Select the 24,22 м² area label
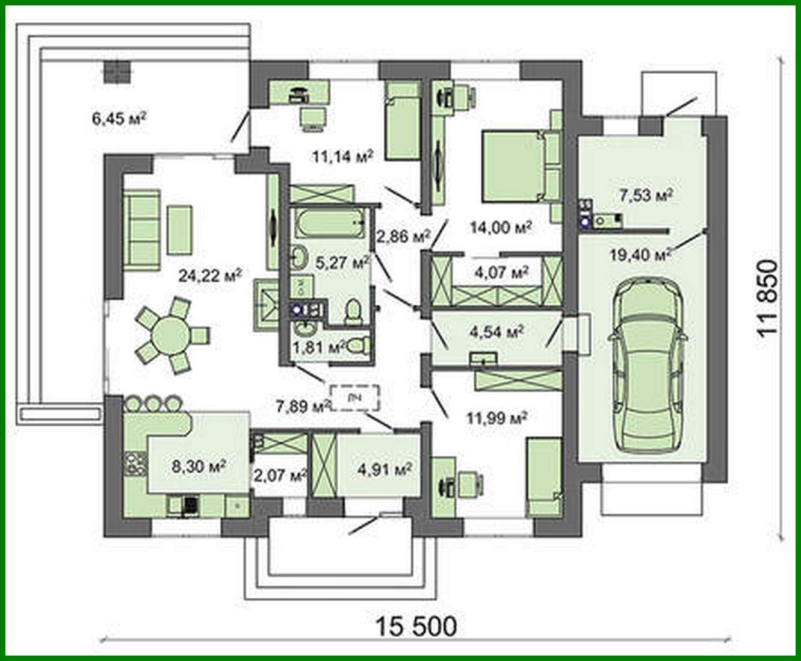[209, 275]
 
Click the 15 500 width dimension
[416, 626]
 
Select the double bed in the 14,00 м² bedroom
[512, 166]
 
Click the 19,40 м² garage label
[639, 255]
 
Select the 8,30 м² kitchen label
[199, 466]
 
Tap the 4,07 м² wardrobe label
[501, 272]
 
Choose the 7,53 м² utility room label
[645, 195]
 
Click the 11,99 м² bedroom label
[497, 417]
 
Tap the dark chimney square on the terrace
[116, 73]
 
